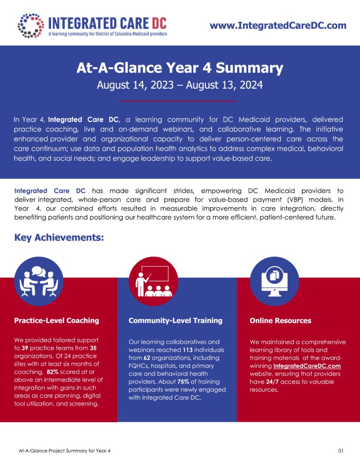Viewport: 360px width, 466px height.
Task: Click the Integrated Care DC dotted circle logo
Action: click(30, 25)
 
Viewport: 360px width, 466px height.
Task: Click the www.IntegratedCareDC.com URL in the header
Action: click(278, 25)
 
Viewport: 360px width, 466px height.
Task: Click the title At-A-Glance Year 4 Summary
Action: click(180, 69)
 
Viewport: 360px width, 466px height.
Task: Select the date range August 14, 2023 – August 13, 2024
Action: click(180, 85)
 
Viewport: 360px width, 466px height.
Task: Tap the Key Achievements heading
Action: click(59, 238)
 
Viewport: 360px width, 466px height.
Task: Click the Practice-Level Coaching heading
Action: click(56, 320)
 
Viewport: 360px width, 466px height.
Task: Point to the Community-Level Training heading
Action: click(175, 320)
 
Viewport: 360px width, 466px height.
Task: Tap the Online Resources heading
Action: click(280, 320)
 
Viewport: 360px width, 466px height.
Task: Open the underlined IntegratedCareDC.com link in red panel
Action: click(307, 366)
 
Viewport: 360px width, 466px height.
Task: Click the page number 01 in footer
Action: click(341, 451)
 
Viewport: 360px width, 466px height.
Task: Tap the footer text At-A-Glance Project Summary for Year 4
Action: click(65, 451)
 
